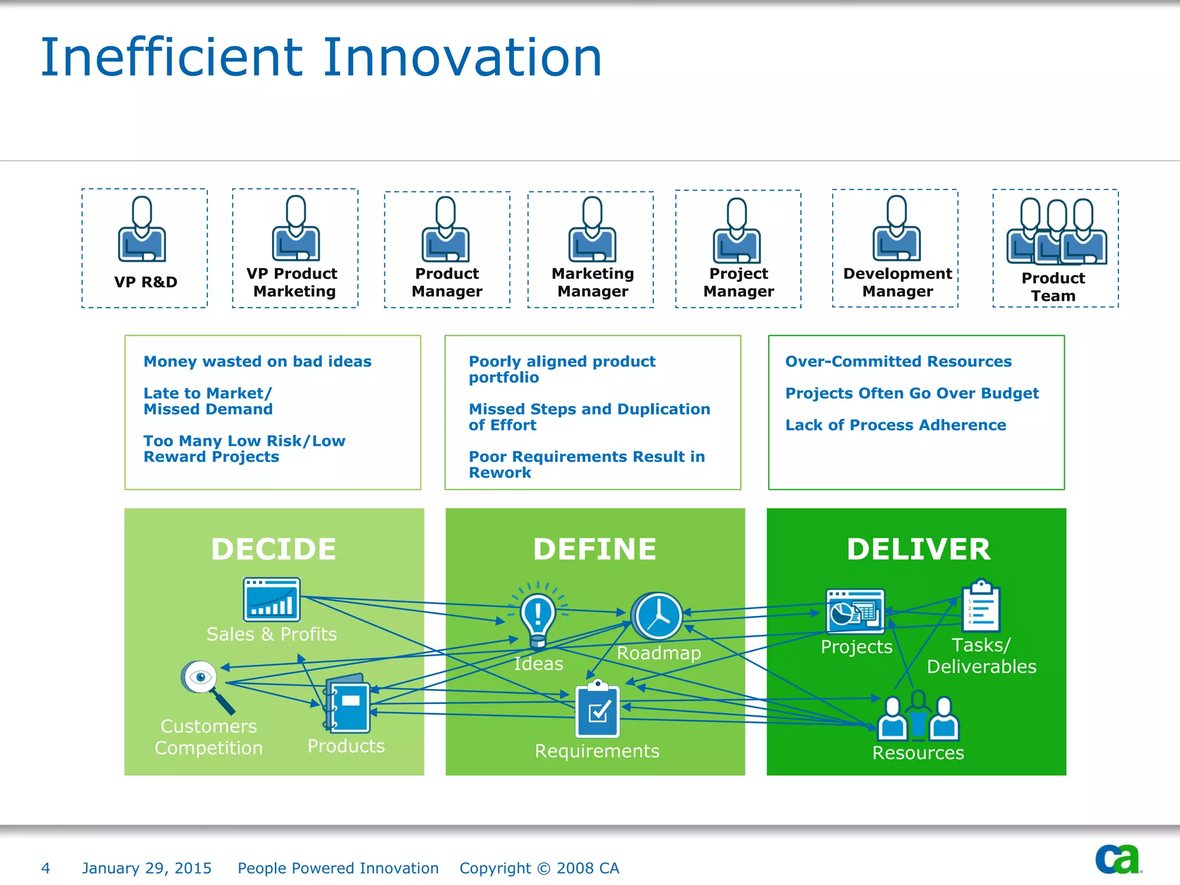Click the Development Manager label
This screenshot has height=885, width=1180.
coord(897,282)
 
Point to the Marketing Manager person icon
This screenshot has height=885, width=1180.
coord(592,230)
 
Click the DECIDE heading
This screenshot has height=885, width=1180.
coord(274,549)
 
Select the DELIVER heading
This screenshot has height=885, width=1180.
coord(918,549)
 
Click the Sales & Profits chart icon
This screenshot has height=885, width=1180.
coord(272,600)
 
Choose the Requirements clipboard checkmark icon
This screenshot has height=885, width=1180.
coord(597,709)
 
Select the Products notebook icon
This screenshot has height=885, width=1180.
coord(347,703)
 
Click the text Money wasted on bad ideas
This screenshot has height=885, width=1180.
coord(258,361)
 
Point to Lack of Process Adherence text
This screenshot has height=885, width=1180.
coord(895,425)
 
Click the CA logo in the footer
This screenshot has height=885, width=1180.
coord(1117,859)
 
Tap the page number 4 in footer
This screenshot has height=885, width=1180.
coord(46,868)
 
